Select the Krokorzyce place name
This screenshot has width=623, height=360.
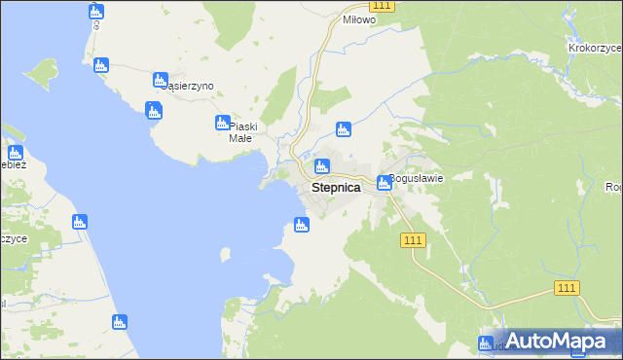click(595, 46)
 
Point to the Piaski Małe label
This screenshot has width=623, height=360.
click(240, 131)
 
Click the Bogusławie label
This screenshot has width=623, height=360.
click(417, 178)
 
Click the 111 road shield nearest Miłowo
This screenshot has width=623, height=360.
click(383, 6)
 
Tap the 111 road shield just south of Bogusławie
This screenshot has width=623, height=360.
click(413, 240)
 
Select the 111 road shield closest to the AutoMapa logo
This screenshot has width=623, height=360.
click(568, 287)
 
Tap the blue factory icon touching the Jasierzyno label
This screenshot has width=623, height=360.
click(162, 80)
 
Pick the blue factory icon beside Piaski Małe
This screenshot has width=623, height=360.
click(222, 123)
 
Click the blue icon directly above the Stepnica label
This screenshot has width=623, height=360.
click(322, 166)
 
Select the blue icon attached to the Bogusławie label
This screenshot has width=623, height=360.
click(385, 182)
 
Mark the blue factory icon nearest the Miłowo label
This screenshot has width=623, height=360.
click(343, 129)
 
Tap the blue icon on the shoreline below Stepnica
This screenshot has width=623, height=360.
click(302, 226)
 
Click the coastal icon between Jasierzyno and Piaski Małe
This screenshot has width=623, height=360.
click(153, 110)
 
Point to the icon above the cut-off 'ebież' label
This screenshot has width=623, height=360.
click(15, 153)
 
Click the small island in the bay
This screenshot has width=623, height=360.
click(225, 255)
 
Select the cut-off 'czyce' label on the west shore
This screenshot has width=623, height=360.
click(14, 239)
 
